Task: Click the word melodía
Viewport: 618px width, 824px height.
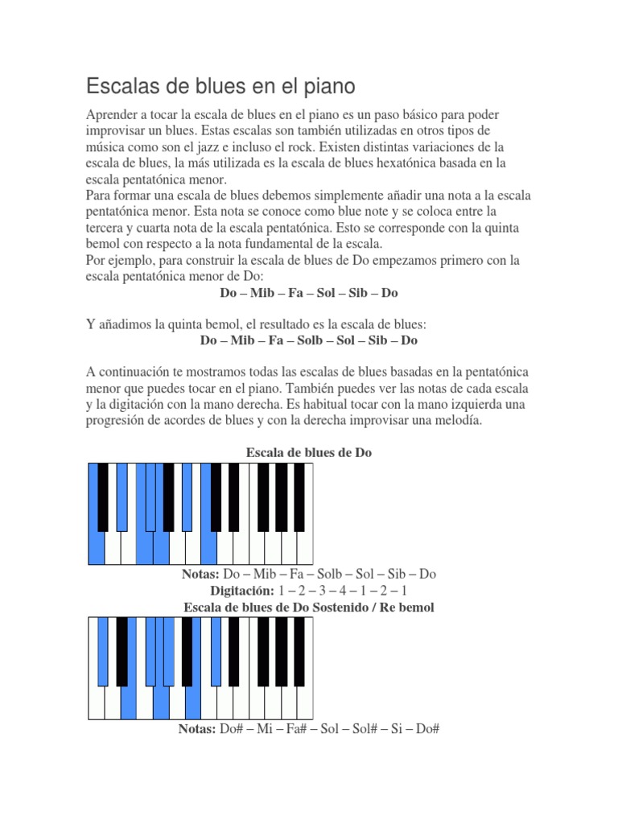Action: [x=455, y=422]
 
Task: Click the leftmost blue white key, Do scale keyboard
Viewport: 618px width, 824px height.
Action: [x=96, y=548]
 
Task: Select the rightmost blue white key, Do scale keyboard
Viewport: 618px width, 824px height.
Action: [x=208, y=548]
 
